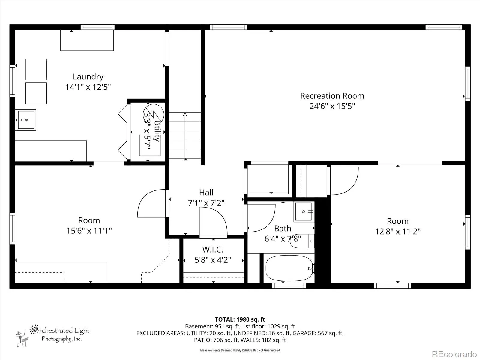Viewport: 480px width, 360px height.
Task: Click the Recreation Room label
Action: pos(332,96)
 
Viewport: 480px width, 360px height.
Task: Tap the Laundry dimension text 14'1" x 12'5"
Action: pos(88,87)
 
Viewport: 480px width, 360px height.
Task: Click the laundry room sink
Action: pos(25,120)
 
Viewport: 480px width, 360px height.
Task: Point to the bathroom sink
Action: pos(304,212)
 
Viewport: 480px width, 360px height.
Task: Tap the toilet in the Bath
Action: pos(302,241)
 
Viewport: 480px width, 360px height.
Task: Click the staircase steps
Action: pos(185,135)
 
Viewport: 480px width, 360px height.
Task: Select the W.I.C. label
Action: pos(213,249)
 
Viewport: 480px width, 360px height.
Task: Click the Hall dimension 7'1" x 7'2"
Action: pos(206,203)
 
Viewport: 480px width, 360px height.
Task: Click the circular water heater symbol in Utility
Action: pos(154,115)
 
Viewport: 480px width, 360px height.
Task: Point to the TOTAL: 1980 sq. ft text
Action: pos(240,319)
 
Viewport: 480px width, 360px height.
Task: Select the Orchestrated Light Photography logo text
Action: pos(59,334)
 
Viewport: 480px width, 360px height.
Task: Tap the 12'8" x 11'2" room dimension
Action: pos(398,232)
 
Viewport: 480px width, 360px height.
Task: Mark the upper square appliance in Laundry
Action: pos(36,70)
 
